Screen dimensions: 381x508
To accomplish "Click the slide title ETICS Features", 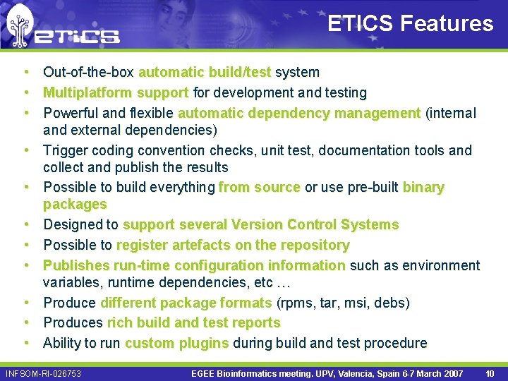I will pos(411,23).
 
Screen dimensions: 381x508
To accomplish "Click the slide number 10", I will pos(489,373).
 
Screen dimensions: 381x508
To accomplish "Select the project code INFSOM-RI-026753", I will pos(43,373).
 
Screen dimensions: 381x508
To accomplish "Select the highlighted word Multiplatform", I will pos(87,92).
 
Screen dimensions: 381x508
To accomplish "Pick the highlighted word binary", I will pos(423,187).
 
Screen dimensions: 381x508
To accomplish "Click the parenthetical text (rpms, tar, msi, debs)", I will pos(342,303).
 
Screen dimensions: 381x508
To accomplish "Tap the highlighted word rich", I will pos(119,322).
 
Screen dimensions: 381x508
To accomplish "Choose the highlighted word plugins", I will pos(205,343).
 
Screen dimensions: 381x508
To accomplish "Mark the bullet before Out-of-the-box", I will pos(25,72).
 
